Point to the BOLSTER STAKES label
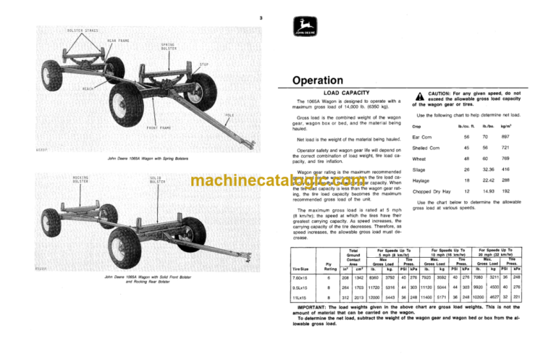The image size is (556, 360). coord(62,30)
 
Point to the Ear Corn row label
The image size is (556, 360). coord(422,137)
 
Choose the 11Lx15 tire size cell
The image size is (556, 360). coord(299,297)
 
